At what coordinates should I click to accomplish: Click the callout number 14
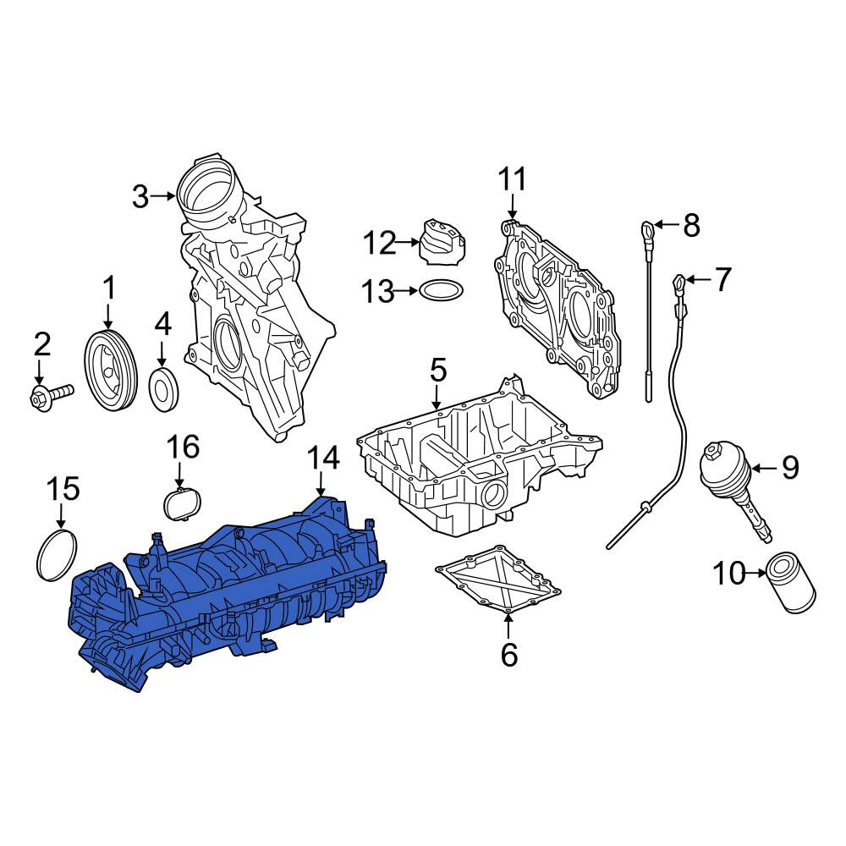[x=323, y=459]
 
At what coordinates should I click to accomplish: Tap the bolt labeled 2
[x=51, y=397]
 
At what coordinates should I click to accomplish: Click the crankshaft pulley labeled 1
[x=111, y=371]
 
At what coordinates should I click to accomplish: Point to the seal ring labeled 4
[x=163, y=389]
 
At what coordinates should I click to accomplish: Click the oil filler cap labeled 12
[x=442, y=242]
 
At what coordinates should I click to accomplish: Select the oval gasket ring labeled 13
[x=442, y=290]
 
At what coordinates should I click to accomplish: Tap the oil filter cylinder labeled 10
[x=790, y=583]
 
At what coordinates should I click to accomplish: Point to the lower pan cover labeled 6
[x=498, y=582]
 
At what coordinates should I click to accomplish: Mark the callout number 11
[x=512, y=179]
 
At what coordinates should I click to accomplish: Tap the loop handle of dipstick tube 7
[x=680, y=282]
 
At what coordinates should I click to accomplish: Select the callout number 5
[x=438, y=371]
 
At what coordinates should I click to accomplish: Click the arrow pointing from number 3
[x=163, y=196]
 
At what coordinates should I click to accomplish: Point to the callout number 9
[x=790, y=467]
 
